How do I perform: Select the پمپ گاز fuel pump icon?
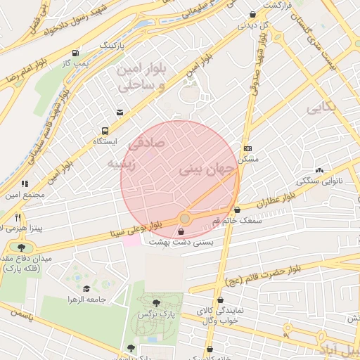pos(75,53)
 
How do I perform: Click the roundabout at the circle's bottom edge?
pos(184,218)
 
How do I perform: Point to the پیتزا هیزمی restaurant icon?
pos(18,217)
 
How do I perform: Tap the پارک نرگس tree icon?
pos(155,302)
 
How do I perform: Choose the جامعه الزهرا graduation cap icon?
pos(86,289)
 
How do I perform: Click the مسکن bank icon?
pos(247,148)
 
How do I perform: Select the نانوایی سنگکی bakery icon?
pos(320,170)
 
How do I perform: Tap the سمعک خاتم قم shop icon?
pos(237,210)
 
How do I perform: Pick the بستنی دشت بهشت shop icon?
pos(183,231)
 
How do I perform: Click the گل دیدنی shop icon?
pos(252,15)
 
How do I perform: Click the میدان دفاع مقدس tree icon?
pos(21,247)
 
